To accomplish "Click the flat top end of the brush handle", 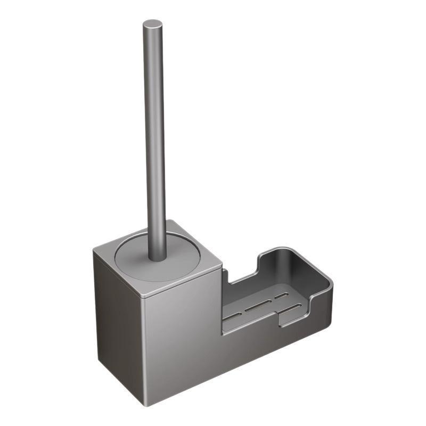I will pos(152,24).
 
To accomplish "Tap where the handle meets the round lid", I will pos(157,258).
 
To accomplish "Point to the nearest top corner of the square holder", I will pos(143,294).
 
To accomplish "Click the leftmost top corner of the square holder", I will pos(94,250).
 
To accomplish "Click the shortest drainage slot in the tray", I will pos(281,296).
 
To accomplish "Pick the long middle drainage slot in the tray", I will pos(260,306).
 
